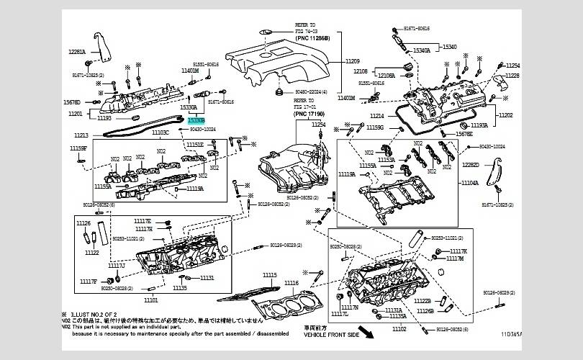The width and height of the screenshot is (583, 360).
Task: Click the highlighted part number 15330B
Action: (x=196, y=121)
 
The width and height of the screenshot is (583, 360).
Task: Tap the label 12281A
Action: (x=77, y=53)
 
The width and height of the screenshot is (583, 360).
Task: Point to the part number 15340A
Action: (x=421, y=50)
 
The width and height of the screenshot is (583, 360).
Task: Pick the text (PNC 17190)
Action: (x=310, y=114)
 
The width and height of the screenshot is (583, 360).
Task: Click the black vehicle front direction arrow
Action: (x=368, y=332)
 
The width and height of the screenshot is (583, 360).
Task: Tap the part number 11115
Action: (x=269, y=275)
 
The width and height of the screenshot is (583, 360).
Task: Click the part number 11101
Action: (x=150, y=299)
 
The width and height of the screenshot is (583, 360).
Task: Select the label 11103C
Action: (x=160, y=132)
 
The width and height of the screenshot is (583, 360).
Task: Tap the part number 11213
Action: (x=81, y=135)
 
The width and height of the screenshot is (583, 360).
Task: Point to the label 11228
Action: (x=512, y=75)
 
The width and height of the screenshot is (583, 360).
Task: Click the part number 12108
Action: (x=361, y=71)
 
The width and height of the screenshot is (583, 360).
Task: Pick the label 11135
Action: (x=179, y=288)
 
